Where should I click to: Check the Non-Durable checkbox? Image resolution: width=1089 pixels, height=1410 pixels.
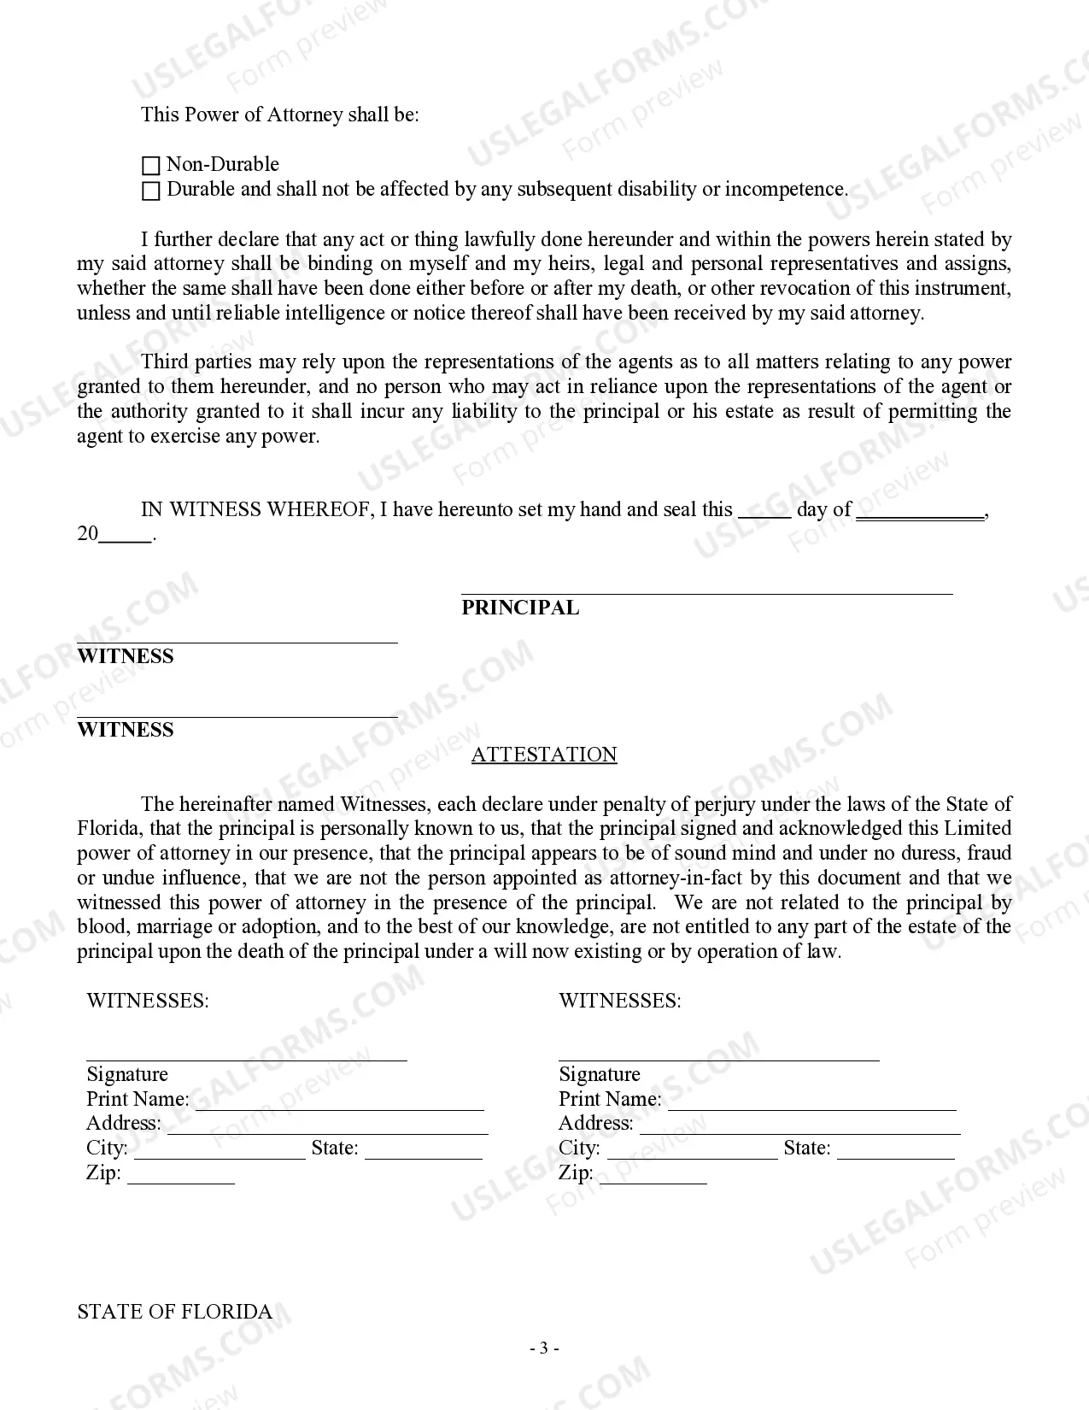click(x=150, y=166)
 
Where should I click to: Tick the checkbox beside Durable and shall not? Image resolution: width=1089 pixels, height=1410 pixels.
click(x=150, y=191)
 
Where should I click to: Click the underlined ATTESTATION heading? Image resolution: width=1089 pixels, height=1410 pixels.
click(x=544, y=755)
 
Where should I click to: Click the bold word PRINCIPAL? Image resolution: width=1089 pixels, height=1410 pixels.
click(x=520, y=608)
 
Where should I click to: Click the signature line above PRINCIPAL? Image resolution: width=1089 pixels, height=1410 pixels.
click(x=706, y=591)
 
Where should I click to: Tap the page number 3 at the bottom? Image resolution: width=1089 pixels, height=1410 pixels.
click(x=544, y=1348)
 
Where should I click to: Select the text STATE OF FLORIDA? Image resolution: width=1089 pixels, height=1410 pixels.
click(x=175, y=1312)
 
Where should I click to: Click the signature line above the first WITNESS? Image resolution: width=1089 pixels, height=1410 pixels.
click(x=237, y=641)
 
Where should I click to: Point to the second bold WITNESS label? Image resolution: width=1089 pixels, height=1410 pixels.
click(x=126, y=730)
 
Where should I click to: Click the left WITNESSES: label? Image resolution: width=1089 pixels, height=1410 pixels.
click(x=148, y=1001)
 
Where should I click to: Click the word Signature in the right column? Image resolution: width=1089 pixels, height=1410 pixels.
click(x=599, y=1074)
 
